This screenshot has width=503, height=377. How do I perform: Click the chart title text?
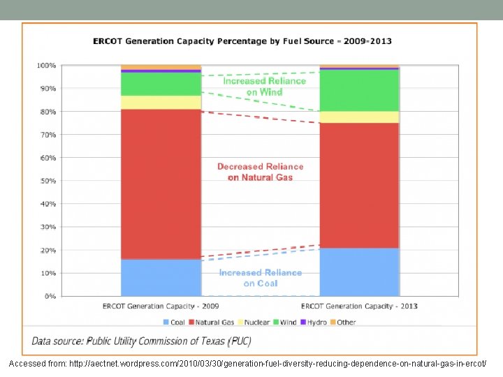click(242, 41)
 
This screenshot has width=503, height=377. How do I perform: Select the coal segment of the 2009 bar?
click(161, 278)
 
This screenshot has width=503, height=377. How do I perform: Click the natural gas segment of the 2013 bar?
click(359, 185)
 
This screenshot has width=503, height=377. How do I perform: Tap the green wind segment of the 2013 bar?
click(359, 90)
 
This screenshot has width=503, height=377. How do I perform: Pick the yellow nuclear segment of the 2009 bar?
click(161, 102)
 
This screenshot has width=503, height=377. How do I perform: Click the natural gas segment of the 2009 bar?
click(161, 184)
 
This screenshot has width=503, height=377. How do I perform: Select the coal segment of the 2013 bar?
click(359, 272)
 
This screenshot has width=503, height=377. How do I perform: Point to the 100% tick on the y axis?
click(47, 66)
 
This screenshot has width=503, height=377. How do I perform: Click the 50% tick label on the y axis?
click(48, 181)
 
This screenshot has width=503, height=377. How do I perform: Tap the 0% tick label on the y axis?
click(50, 297)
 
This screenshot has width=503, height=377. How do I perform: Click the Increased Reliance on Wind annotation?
click(264, 86)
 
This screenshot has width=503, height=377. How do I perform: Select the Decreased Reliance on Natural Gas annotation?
click(260, 172)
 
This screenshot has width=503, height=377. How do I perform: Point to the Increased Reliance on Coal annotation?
click(260, 278)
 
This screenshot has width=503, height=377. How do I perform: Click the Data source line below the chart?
click(141, 341)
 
